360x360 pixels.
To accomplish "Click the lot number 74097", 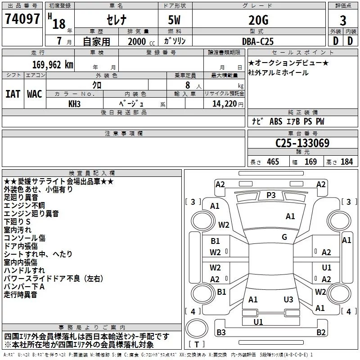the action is (x=22, y=19).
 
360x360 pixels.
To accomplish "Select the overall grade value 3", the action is (x=343, y=21).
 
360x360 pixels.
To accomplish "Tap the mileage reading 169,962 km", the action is (x=53, y=65).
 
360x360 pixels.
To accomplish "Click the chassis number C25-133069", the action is (x=302, y=143).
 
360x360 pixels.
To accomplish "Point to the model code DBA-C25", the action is (x=258, y=41).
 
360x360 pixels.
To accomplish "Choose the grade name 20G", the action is (x=258, y=20).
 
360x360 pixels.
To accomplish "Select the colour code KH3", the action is (x=74, y=104).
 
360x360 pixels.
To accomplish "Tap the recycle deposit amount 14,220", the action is (x=225, y=104).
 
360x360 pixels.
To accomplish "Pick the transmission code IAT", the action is (x=13, y=94).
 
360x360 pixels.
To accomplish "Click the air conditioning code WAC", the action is (x=35, y=94).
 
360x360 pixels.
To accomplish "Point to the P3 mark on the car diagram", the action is (x=271, y=195).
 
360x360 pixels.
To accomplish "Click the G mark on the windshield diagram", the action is (x=284, y=237).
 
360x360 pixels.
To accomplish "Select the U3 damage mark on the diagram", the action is (x=288, y=299).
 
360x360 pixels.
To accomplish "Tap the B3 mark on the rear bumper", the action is (x=221, y=332).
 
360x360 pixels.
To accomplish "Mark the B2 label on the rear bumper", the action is (x=321, y=332).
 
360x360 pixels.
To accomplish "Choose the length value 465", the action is (x=273, y=162).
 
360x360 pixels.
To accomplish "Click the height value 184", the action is (x=346, y=162).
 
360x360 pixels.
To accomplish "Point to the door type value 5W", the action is (x=174, y=20).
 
